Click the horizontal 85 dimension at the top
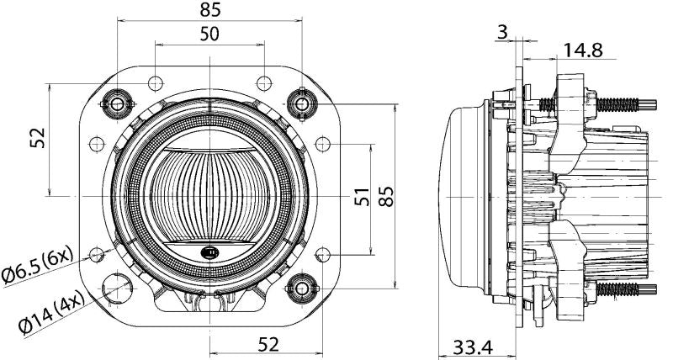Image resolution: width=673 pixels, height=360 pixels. [210, 10]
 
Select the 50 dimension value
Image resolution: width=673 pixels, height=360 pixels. [209, 34]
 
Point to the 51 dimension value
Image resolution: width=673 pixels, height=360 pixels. [360, 199]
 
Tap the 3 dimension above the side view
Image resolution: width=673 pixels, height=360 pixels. [502, 32]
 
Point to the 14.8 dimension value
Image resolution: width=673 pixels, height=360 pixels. [582, 50]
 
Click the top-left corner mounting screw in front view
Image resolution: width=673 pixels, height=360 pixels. [116, 103]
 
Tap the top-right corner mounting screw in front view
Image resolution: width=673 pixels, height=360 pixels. [301, 103]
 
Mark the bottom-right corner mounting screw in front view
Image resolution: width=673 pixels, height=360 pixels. [301, 289]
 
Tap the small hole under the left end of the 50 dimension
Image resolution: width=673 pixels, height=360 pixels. [156, 82]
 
